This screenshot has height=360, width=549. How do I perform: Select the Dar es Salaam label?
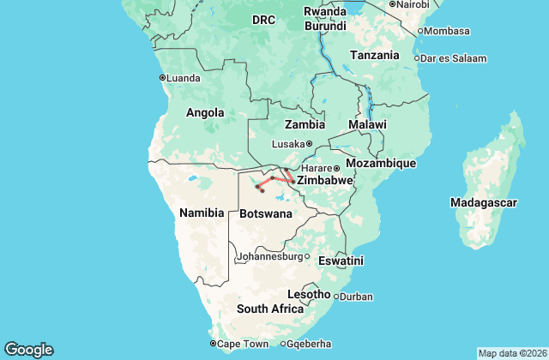tap(454, 58)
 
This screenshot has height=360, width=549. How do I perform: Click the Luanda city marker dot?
tap(162, 77)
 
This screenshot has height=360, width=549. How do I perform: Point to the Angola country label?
tap(205, 112)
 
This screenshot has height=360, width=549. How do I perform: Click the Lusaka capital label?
tap(287, 144)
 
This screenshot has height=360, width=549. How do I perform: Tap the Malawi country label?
tap(367, 124)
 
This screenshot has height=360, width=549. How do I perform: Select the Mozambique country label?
tap(380, 163)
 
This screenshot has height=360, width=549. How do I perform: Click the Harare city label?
tap(317, 168)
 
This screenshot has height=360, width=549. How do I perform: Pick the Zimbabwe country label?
tap(324, 182)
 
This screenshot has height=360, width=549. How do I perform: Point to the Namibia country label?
tap(201, 212)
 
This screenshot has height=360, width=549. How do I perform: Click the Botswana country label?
tap(266, 213)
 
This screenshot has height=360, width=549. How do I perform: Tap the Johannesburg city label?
tap(269, 255)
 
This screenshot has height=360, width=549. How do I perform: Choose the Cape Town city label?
tap(243, 344)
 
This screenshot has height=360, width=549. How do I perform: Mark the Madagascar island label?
tap(483, 202)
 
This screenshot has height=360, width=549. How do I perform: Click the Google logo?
tap(28, 350)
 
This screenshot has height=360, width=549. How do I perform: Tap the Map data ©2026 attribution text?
tap(511, 353)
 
